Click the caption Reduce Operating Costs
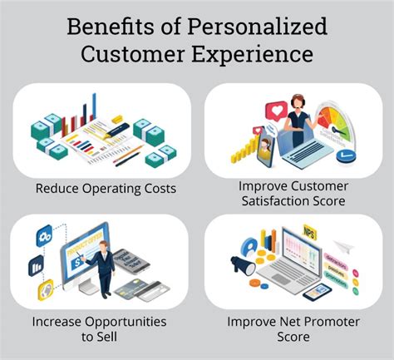105,188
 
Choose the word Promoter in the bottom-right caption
327,320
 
